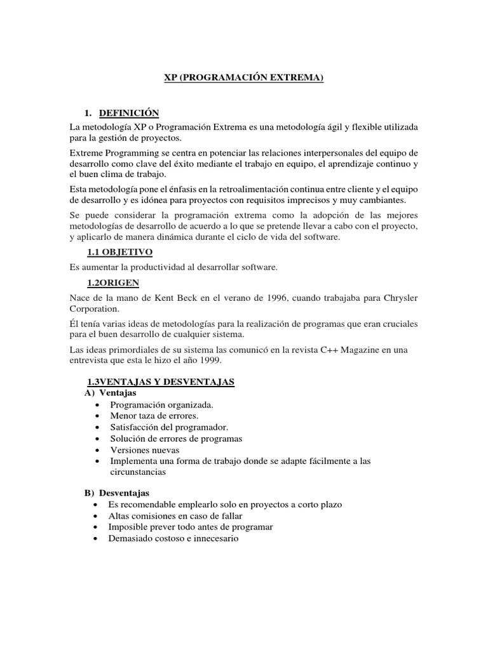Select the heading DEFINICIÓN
(131, 113)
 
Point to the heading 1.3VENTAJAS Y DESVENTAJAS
(161, 381)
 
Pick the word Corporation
(94, 308)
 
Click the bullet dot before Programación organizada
(96, 405)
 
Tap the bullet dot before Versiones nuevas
(96, 450)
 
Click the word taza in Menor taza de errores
(149, 416)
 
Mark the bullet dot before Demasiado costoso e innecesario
(95, 539)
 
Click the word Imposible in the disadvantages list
(127, 527)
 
